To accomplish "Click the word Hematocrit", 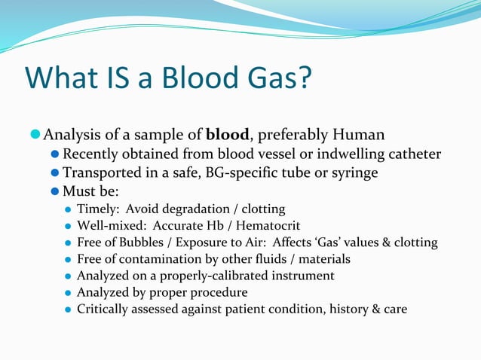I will pos(269,225).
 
